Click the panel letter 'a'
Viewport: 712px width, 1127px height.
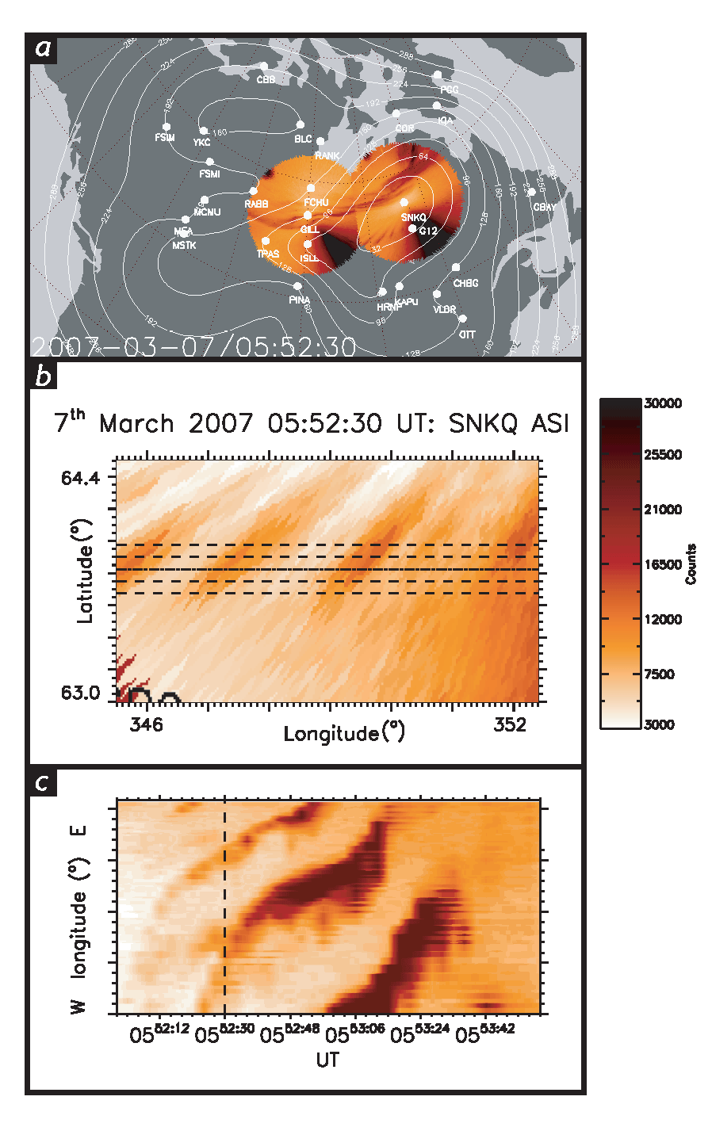click(43, 48)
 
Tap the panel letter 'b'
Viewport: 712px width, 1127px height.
click(43, 375)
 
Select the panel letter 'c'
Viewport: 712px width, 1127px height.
click(43, 783)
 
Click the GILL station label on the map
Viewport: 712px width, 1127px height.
click(309, 230)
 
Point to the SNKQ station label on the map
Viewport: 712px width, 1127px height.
click(413, 218)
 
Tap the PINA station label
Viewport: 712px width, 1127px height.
click(299, 300)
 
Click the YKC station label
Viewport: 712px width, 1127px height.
click(201, 143)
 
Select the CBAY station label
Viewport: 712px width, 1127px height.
click(544, 207)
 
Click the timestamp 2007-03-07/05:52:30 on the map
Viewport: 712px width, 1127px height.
click(193, 346)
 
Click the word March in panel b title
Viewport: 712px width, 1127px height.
click(136, 424)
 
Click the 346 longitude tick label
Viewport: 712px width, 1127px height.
click(146, 724)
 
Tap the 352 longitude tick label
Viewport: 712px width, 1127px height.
click(509, 724)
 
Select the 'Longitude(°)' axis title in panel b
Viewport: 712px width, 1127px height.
click(343, 733)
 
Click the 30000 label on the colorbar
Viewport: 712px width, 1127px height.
click(662, 403)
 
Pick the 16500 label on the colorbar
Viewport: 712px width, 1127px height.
click(662, 564)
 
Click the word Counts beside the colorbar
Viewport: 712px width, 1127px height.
click(691, 564)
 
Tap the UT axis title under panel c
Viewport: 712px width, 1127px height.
click(327, 1060)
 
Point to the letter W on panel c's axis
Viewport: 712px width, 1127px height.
click(78, 1007)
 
